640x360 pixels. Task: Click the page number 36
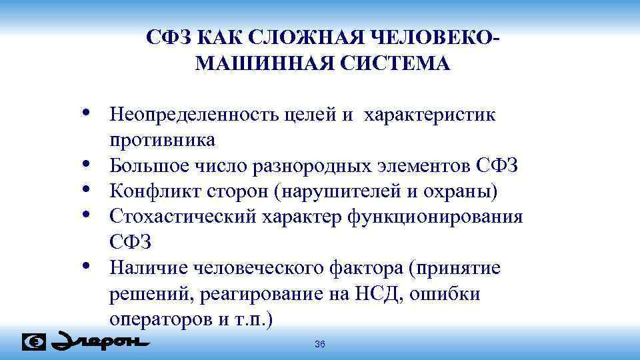pos(319,344)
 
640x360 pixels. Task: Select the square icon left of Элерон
pos(34,341)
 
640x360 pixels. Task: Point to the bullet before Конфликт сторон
pos(88,190)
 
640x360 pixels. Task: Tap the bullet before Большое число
pos(88,164)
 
